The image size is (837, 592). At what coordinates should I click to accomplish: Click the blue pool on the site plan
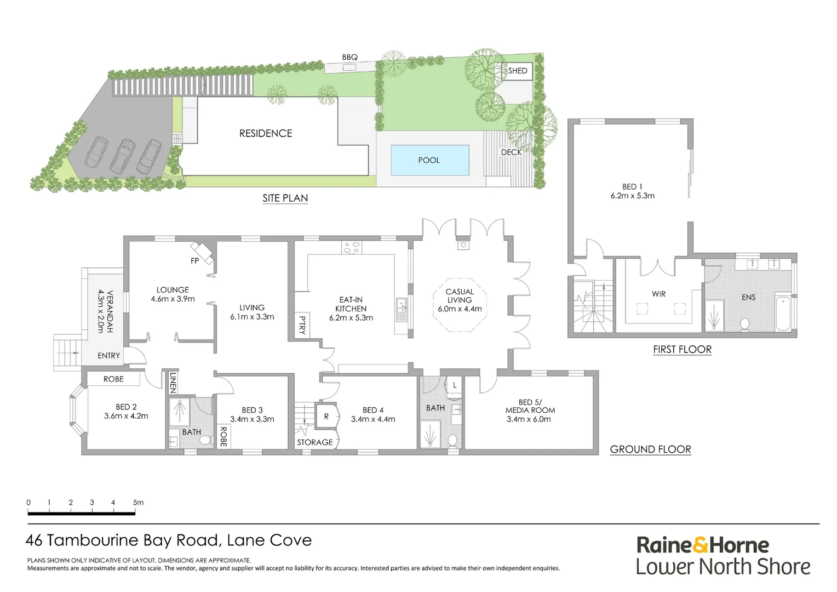pyautogui.click(x=429, y=160)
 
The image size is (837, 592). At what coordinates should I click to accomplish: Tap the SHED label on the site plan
pyautogui.click(x=517, y=71)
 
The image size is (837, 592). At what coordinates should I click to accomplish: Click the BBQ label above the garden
pyautogui.click(x=349, y=58)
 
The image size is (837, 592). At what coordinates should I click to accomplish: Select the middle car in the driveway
pyautogui.click(x=123, y=155)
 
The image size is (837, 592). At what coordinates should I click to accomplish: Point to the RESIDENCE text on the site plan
pyautogui.click(x=266, y=133)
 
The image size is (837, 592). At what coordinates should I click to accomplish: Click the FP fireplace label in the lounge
pyautogui.click(x=194, y=261)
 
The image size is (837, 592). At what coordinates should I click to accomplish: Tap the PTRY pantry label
pyautogui.click(x=302, y=325)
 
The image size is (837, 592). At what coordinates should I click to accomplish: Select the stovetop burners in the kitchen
pyautogui.click(x=352, y=248)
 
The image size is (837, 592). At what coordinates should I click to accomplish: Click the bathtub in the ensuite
pyautogui.click(x=783, y=313)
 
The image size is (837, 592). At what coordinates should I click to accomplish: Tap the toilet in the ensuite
pyautogui.click(x=744, y=325)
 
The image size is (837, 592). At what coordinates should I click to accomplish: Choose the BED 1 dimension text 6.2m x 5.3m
pyautogui.click(x=633, y=196)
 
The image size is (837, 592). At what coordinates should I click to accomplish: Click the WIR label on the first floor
pyautogui.click(x=659, y=294)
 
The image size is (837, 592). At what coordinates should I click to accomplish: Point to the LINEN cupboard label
pyautogui.click(x=173, y=383)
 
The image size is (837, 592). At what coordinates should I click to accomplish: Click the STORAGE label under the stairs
pyautogui.click(x=315, y=442)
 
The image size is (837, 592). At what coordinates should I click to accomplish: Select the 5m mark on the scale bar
pyautogui.click(x=137, y=503)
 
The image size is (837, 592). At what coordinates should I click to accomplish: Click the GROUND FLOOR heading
pyautogui.click(x=650, y=449)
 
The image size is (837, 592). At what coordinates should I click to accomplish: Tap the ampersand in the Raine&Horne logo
pyautogui.click(x=701, y=545)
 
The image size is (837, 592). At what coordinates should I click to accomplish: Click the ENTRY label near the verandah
pyautogui.click(x=108, y=356)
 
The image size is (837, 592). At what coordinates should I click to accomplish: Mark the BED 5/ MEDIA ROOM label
pyautogui.click(x=530, y=406)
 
